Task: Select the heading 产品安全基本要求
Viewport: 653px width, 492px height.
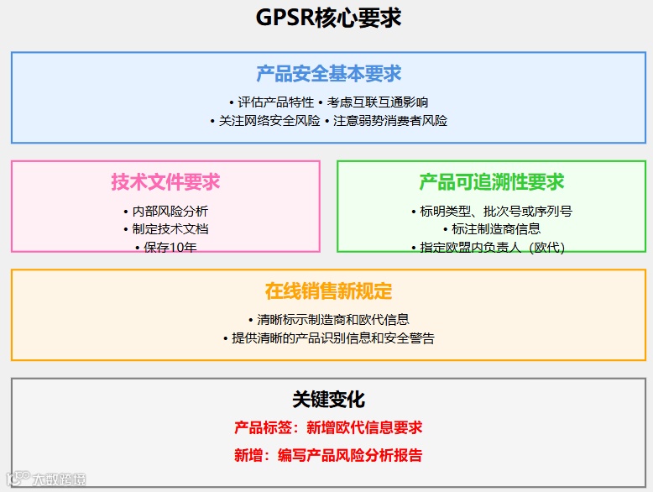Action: tap(328, 74)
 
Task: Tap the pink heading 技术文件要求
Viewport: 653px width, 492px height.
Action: tap(165, 181)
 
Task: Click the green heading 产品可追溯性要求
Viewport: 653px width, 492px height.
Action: tap(491, 181)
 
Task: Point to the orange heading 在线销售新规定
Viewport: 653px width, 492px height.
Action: tap(328, 291)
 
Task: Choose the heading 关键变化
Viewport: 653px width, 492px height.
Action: tap(328, 400)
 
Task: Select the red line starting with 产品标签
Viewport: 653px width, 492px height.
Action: tap(328, 428)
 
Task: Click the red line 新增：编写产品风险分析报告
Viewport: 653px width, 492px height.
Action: tap(328, 456)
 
